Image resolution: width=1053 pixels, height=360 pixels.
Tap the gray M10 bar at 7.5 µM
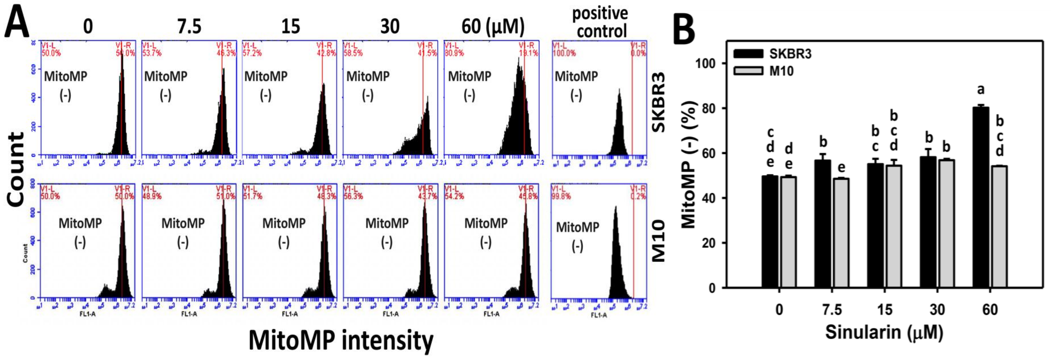[841, 233]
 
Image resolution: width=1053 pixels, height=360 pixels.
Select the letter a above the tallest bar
[980, 89]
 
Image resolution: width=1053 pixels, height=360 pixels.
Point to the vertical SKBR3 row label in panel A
[658, 102]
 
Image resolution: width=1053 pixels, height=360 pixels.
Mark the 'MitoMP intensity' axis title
[341, 340]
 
